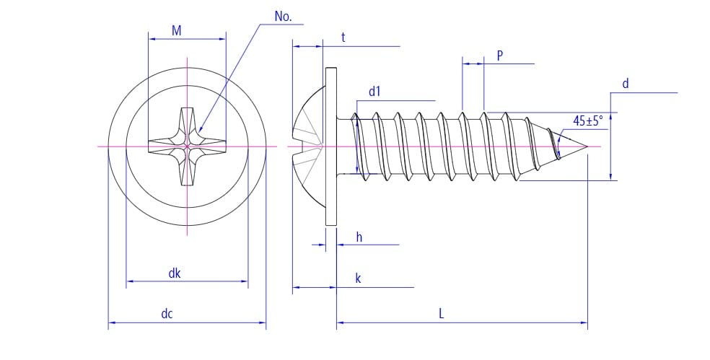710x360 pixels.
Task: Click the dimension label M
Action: pyautogui.click(x=176, y=30)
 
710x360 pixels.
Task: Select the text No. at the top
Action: pyautogui.click(x=284, y=17)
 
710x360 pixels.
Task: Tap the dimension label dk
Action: pyautogui.click(x=175, y=273)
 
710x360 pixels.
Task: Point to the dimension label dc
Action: pyautogui.click(x=167, y=314)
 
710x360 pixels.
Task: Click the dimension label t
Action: pyautogui.click(x=343, y=37)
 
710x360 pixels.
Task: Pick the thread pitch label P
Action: pyautogui.click(x=499, y=55)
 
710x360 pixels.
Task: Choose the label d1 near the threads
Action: pyautogui.click(x=374, y=92)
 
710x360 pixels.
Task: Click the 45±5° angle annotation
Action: pyautogui.click(x=587, y=120)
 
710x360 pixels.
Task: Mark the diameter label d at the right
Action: pyautogui.click(x=625, y=84)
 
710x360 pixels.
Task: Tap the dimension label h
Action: pyautogui.click(x=359, y=237)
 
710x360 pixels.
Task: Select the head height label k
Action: pyautogui.click(x=358, y=278)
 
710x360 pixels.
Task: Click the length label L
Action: pyautogui.click(x=442, y=314)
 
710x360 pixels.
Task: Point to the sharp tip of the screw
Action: pyautogui.click(x=587, y=147)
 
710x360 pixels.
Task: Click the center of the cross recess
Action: pyautogui.click(x=187, y=147)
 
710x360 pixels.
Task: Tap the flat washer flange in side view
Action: pyautogui.click(x=331, y=147)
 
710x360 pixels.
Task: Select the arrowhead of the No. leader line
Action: pyautogui.click(x=199, y=129)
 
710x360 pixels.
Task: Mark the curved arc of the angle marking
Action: pyautogui.click(x=561, y=144)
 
